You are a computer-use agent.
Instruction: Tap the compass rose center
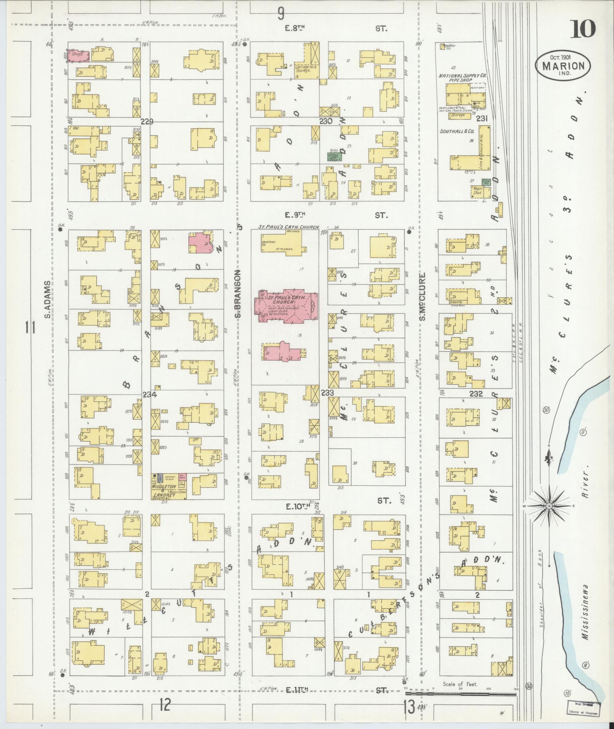549,506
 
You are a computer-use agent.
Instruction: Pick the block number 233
327,393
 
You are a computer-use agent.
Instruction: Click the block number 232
476,394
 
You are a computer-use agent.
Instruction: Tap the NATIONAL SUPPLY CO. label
460,76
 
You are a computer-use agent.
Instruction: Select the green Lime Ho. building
486,182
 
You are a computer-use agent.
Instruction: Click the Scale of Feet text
460,684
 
